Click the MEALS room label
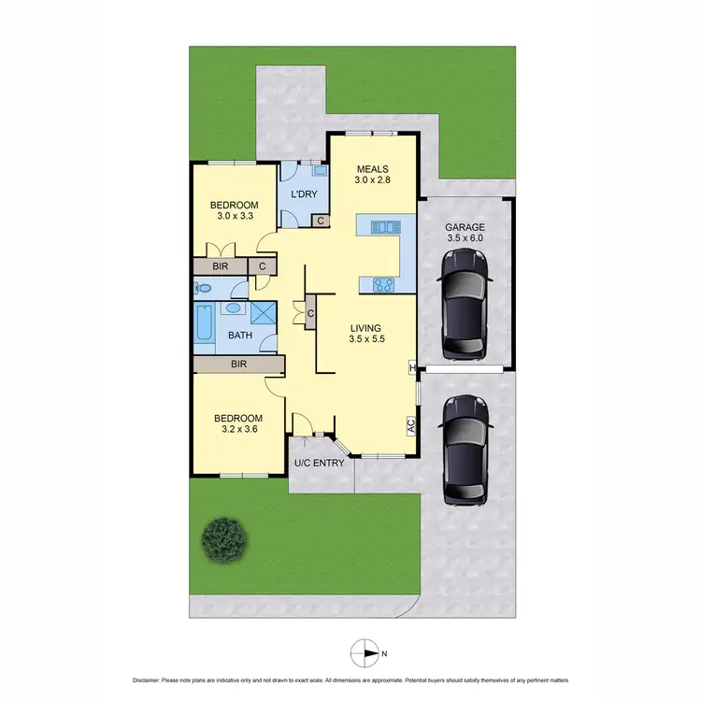pyautogui.click(x=371, y=169)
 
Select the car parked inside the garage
pyautogui.click(x=465, y=303)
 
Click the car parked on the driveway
pyautogui.click(x=465, y=450)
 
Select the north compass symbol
pyautogui.click(x=365, y=652)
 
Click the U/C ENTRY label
pyautogui.click(x=319, y=463)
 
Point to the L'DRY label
pyautogui.click(x=305, y=194)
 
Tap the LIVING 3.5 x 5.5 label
pyautogui.click(x=368, y=334)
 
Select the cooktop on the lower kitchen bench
pyautogui.click(x=383, y=284)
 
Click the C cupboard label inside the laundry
pyautogui.click(x=320, y=221)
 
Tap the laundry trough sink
pyautogui.click(x=320, y=172)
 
